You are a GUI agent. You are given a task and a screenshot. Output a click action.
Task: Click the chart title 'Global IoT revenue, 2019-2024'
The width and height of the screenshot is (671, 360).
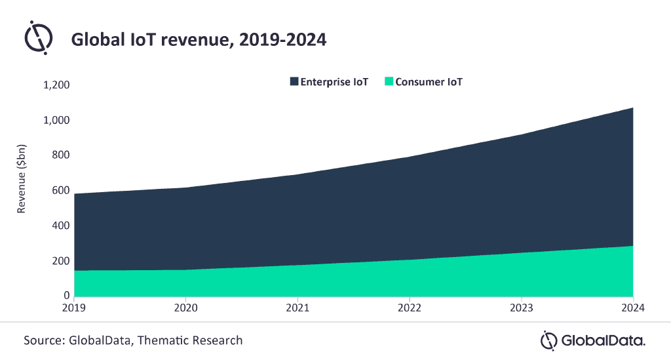(x=199, y=40)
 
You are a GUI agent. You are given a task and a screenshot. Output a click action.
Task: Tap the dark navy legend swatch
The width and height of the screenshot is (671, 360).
(x=294, y=82)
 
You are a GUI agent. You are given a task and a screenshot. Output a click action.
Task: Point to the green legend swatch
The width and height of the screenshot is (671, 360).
(x=389, y=82)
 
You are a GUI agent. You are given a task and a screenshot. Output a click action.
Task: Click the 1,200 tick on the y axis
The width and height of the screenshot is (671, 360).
(x=56, y=85)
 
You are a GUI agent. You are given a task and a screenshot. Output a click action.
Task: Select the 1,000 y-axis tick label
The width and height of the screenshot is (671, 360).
(x=56, y=121)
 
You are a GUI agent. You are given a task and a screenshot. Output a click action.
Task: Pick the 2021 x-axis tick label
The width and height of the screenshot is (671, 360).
(x=298, y=307)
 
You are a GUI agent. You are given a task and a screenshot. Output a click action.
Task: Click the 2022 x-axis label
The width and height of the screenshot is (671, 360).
(x=410, y=307)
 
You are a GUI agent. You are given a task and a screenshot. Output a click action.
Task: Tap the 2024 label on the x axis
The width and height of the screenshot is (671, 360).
(x=632, y=307)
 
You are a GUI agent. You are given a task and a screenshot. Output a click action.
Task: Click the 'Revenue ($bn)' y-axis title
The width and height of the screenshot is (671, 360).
(x=22, y=190)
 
